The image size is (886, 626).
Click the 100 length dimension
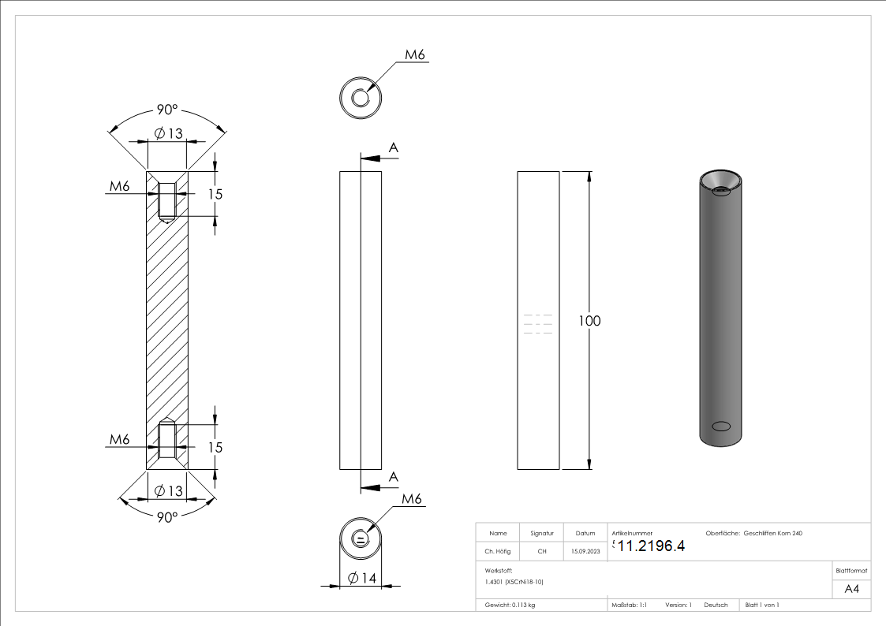click(589, 321)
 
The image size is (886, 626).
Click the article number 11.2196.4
click(651, 546)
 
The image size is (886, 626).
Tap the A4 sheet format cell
click(851, 589)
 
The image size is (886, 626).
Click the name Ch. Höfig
click(498, 551)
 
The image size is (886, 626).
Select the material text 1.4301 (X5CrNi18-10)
click(514, 582)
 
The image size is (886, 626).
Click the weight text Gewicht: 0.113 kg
click(510, 606)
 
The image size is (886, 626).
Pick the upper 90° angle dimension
click(166, 110)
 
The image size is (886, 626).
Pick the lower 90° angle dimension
click(166, 516)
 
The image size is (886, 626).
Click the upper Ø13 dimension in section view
click(168, 133)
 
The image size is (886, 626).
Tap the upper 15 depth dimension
click(214, 194)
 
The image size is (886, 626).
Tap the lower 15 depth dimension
click(214, 447)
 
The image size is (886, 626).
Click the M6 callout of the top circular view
click(415, 55)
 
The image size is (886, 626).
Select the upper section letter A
click(393, 147)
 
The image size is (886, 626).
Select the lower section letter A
click(393, 476)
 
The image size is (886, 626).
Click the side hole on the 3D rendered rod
click(721, 427)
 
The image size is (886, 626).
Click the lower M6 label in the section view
click(119, 439)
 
